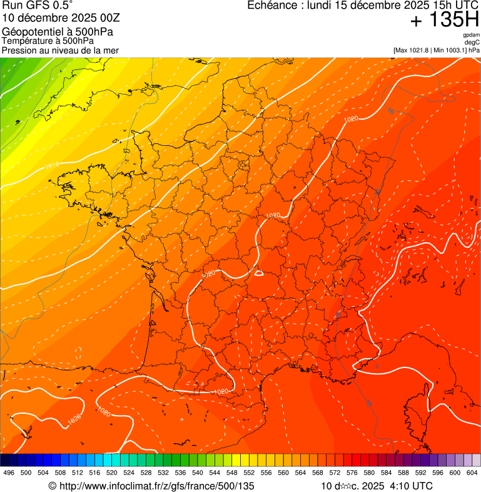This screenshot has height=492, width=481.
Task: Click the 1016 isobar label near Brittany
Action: pyautogui.click(x=52, y=166)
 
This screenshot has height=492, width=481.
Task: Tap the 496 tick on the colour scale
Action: pyautogui.click(x=9, y=472)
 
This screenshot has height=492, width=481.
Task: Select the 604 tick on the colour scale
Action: pyautogui.click(x=472, y=472)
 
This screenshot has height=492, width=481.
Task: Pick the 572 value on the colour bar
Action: pyautogui.click(x=335, y=472)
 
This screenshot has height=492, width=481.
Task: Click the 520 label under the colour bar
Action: pyautogui.click(x=111, y=472)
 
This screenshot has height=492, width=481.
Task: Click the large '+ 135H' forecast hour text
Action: pyautogui.click(x=444, y=20)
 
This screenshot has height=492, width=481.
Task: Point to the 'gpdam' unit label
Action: pyautogui.click(x=471, y=35)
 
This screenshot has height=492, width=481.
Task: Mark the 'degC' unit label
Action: pyautogui.click(x=472, y=42)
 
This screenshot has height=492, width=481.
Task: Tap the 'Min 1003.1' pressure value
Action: pyautogui.click(x=449, y=49)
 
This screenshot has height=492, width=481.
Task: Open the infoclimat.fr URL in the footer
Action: pyautogui.click(x=156, y=486)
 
